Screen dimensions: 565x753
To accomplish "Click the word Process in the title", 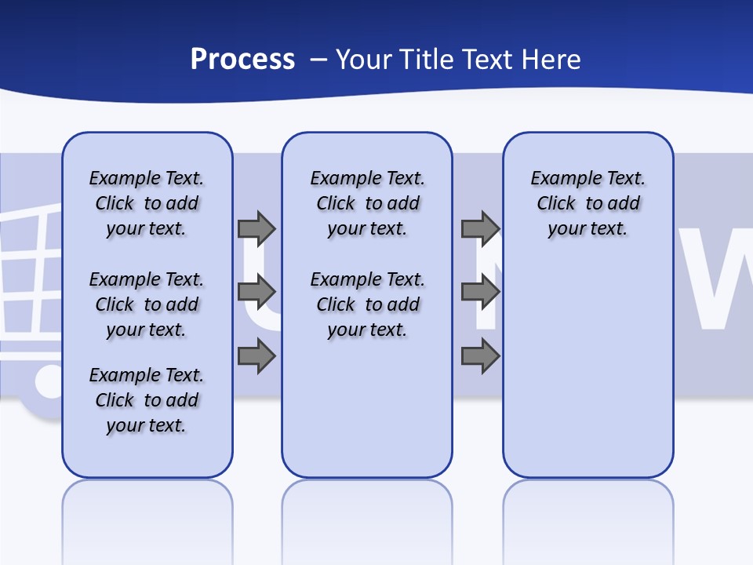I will [242, 60].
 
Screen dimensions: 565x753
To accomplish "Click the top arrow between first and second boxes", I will [256, 228].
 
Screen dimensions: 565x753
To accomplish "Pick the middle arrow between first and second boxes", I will [256, 292].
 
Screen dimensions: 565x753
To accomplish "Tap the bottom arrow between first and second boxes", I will [256, 356].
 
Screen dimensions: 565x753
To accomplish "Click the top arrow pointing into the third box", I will [480, 228].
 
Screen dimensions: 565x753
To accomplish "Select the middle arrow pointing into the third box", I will [480, 292].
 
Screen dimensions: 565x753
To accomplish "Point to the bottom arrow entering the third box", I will [480, 356].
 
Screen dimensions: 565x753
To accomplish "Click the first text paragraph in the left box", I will [147, 203].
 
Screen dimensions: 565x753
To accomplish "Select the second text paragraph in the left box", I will [147, 304].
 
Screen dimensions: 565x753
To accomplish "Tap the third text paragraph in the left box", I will [147, 400].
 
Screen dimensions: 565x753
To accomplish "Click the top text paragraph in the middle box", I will [367, 203].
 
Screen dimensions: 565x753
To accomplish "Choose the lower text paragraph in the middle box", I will [367, 304].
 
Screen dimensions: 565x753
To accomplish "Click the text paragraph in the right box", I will [587, 203].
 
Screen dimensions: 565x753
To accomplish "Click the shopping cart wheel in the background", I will [47, 383].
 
